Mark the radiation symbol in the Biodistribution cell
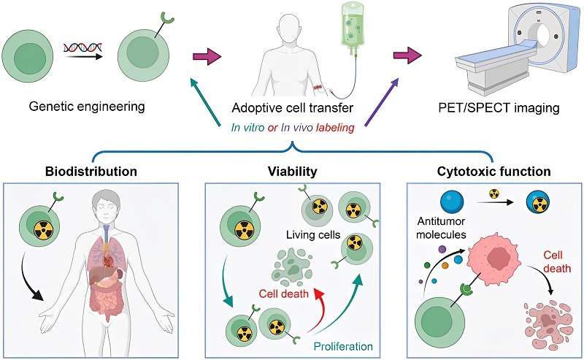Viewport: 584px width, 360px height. (43, 232)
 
